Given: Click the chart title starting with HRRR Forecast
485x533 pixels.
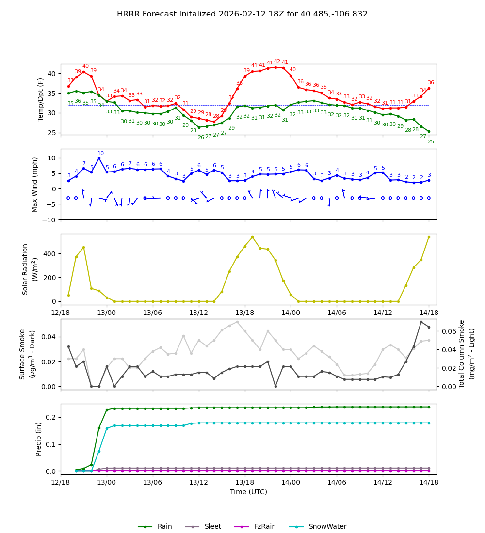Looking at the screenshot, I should click(x=242, y=14).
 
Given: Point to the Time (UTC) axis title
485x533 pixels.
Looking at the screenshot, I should click(x=248, y=492).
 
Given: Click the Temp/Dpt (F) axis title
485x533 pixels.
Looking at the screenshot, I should click(x=41, y=99).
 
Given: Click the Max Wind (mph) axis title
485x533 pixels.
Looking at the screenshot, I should click(x=35, y=185).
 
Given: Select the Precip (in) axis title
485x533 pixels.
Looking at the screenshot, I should click(x=39, y=439).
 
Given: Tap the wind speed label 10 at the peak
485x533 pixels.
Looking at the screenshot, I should click(x=100, y=154).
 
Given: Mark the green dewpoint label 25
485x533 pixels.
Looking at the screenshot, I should click(x=431, y=142).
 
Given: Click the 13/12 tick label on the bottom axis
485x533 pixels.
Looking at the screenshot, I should click(x=199, y=483).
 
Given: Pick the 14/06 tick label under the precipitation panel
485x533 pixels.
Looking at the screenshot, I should click(x=337, y=483).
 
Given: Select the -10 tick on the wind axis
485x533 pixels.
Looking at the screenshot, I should click(x=49, y=220).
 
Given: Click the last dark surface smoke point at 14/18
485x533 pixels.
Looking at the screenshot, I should click(x=429, y=327).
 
